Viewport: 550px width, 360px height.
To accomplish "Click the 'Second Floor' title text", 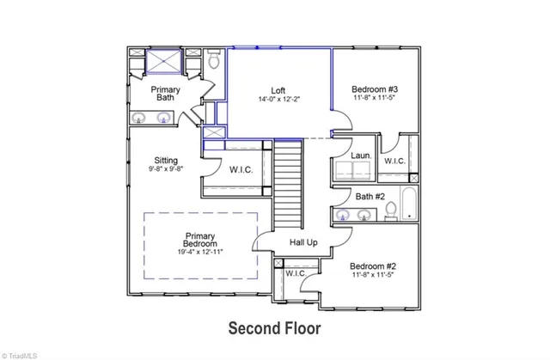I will (x=273, y=326).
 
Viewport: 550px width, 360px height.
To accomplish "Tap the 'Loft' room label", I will (x=278, y=89).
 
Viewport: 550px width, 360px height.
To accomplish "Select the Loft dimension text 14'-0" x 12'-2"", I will (x=278, y=100).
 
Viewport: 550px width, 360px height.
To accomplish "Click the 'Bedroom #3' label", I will (x=374, y=88).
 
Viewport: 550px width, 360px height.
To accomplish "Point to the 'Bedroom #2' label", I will (x=374, y=266).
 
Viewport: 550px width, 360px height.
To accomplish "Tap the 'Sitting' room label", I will (x=165, y=160).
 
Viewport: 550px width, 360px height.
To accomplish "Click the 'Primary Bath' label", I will (x=164, y=93).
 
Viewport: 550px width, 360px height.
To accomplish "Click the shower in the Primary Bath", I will (x=163, y=64).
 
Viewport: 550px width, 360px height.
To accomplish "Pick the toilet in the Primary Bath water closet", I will (x=215, y=60).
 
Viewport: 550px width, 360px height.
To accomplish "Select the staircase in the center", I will (x=290, y=180).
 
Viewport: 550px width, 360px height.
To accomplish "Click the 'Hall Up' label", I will (x=303, y=243).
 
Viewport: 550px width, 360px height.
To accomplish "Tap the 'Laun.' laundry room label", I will (x=361, y=156).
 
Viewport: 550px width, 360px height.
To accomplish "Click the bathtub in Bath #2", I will (x=410, y=207).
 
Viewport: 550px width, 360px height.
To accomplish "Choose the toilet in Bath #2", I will (x=390, y=210).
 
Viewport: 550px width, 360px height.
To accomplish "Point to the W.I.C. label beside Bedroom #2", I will (x=295, y=273).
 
